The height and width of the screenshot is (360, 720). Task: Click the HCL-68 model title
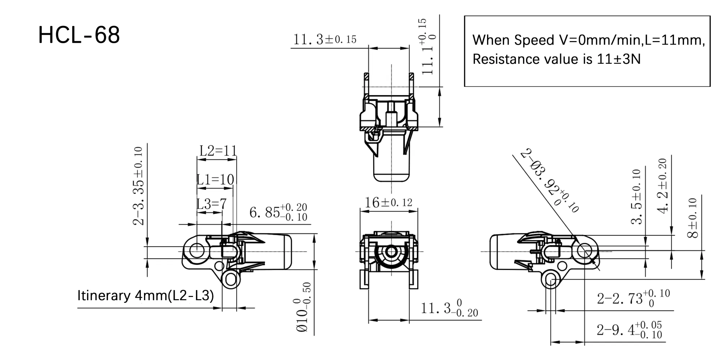pos(79,35)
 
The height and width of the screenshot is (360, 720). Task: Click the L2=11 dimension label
pos(218,150)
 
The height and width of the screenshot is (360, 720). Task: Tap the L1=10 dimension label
pos(215,179)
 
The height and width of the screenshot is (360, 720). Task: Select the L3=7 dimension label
pos(212,204)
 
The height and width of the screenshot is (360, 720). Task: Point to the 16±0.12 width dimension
pos(388,202)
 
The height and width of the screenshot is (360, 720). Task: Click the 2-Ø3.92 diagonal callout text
pos(549,180)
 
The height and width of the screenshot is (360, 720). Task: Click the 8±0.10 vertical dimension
pos(693,218)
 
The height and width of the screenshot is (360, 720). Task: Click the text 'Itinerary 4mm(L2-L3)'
pos(145,296)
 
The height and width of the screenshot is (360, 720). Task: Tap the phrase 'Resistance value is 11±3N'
pos(557,59)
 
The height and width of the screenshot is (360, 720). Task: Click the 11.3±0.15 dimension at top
pos(325,39)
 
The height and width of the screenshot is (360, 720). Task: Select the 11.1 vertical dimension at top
pos(428,47)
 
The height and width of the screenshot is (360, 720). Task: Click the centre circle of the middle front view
pos(391,251)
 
